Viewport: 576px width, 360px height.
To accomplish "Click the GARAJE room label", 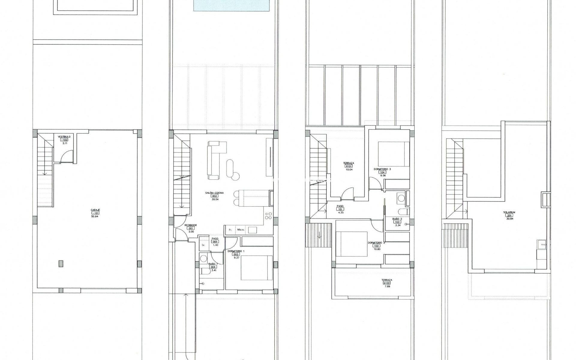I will click(x=95, y=210).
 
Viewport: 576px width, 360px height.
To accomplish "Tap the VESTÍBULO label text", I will click(x=64, y=136).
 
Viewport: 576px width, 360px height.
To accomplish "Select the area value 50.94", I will click(x=95, y=216).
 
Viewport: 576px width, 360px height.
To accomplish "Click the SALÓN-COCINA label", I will click(x=214, y=193).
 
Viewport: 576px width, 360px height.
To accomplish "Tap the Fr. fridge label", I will click(x=230, y=230).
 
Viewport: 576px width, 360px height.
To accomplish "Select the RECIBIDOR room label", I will click(x=190, y=225).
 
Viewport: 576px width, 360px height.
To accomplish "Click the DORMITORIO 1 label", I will click(x=236, y=251).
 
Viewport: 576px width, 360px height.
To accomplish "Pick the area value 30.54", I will click(x=214, y=199).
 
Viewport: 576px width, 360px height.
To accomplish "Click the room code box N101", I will click(x=349, y=166).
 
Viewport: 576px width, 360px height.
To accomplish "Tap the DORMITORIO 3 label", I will click(x=382, y=169).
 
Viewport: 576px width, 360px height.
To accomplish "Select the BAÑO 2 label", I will click(x=397, y=219).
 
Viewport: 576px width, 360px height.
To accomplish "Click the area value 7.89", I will click(x=387, y=286).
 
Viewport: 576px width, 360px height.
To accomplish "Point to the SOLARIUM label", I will click(x=509, y=212).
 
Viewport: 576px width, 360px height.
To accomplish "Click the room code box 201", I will click(x=509, y=215).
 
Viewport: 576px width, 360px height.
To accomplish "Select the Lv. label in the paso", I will click(x=203, y=245).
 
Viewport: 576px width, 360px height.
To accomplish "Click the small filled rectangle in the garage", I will click(x=61, y=263).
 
